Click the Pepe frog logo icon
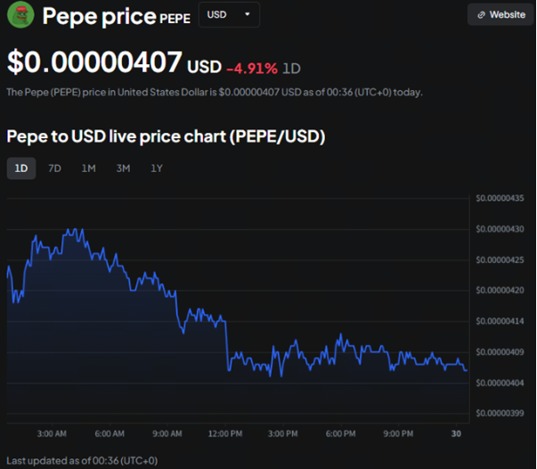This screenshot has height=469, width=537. click(x=20, y=15)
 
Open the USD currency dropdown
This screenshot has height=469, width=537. click(x=229, y=15)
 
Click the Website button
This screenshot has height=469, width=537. click(x=500, y=15)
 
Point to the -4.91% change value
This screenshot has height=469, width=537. click(x=252, y=68)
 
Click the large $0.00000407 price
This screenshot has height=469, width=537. click(x=94, y=64)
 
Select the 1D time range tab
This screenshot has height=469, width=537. click(x=21, y=168)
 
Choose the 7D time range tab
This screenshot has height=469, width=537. click(x=54, y=168)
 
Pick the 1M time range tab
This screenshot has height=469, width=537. click(x=88, y=168)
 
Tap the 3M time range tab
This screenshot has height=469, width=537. click(x=123, y=168)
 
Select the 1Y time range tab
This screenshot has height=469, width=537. click(x=157, y=168)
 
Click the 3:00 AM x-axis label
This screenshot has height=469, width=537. click(x=52, y=433)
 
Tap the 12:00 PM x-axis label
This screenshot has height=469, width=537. click(x=224, y=433)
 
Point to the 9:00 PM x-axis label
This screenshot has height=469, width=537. click(x=397, y=433)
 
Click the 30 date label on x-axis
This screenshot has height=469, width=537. click(x=456, y=433)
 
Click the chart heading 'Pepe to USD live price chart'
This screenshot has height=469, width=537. click(x=166, y=136)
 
